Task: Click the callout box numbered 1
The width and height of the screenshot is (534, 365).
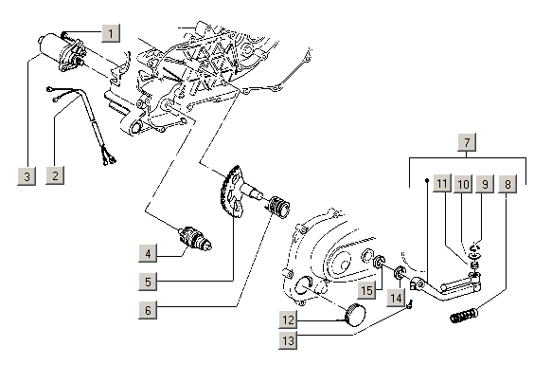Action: point(111,33)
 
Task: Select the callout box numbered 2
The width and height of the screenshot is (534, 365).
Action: point(55,175)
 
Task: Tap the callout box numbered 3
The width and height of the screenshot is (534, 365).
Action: point(27,176)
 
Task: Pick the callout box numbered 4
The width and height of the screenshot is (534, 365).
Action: point(148,253)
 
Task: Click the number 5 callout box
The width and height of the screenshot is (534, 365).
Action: point(148,282)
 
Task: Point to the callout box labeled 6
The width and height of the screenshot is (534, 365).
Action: point(148,310)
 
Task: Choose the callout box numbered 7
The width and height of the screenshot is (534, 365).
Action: point(467,142)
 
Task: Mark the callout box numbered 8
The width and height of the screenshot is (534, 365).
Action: point(507,184)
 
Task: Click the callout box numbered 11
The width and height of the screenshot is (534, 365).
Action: point(442,184)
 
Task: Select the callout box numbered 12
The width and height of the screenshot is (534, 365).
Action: point(288,320)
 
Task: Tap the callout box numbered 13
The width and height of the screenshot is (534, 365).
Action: point(288,340)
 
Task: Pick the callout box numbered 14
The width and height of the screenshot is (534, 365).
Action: point(396,298)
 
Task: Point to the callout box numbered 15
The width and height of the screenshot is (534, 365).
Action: point(366,290)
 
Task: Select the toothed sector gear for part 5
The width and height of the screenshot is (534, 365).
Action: point(231,192)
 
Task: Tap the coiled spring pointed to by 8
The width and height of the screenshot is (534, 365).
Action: point(464,316)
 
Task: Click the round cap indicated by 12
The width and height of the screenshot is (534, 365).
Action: point(355,314)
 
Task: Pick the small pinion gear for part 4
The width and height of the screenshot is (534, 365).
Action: point(195,239)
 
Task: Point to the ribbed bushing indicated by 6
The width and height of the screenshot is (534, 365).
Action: point(279,207)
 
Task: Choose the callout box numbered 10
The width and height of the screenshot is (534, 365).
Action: point(463,184)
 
